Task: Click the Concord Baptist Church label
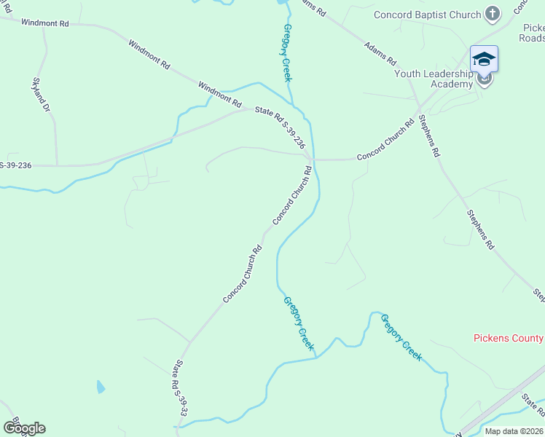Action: [x=428, y=15]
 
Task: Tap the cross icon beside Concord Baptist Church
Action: [x=493, y=14]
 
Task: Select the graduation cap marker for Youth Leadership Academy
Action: [x=484, y=59]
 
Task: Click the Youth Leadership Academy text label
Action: [x=434, y=79]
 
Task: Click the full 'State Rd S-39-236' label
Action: [x=279, y=129]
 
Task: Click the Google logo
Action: [x=24, y=428]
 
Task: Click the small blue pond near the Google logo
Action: [x=100, y=387]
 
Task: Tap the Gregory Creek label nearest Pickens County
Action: [x=401, y=337]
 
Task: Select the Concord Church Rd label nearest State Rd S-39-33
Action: [x=243, y=275]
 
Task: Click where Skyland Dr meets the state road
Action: [x=57, y=165]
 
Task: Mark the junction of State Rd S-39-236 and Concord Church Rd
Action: [x=311, y=158]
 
